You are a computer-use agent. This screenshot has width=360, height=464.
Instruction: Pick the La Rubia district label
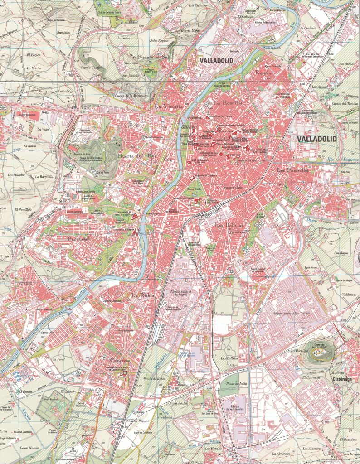[143, 295]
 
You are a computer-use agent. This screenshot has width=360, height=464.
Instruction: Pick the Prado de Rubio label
[154, 378]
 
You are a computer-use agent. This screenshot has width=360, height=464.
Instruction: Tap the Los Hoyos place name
[341, 253]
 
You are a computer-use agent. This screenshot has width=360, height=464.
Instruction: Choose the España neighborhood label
[263, 73]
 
